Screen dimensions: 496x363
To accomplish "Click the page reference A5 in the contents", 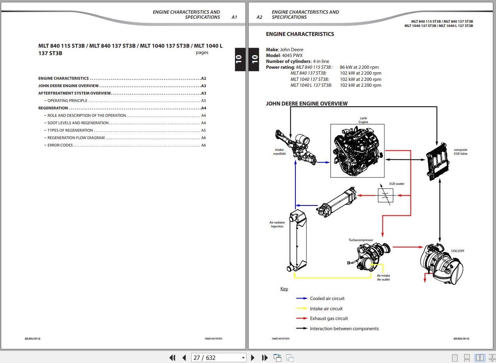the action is coord(203,131).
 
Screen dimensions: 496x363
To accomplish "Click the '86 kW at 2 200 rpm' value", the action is coord(359,67).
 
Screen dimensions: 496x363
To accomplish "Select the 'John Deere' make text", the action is coord(292,50).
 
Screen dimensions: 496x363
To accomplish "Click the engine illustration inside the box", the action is coord(357,151).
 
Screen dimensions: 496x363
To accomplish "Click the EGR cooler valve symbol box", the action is coord(386,195).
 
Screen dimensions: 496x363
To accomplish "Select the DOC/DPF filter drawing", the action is coord(441,264).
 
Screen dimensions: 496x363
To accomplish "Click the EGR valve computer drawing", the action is coord(437,162).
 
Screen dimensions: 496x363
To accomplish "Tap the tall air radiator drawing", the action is coord(297,240).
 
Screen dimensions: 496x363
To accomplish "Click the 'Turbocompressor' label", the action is coord(361,240).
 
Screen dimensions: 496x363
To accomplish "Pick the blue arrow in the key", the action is coord(302,299).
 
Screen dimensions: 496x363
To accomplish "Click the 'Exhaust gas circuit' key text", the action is coord(329,318).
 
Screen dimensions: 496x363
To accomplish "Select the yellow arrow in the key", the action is coord(302,308).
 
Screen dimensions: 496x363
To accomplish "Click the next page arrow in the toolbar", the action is coord(252,358).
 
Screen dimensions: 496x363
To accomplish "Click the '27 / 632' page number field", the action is coord(219,358).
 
